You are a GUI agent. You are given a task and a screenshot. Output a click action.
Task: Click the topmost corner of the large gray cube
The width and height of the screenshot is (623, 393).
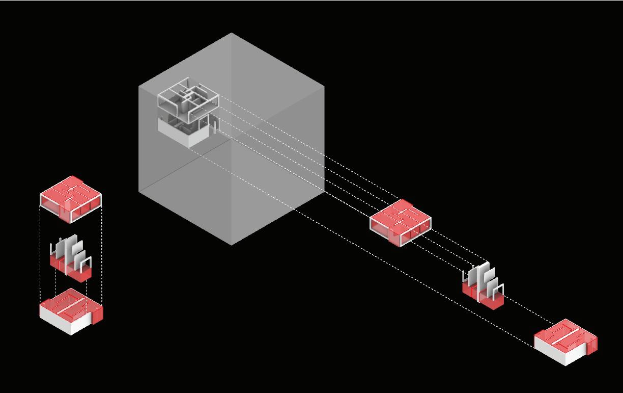232,34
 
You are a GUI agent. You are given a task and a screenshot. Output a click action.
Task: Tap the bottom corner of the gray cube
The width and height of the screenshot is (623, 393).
232,245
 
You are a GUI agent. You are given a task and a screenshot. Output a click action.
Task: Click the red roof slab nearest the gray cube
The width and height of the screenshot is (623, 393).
401,219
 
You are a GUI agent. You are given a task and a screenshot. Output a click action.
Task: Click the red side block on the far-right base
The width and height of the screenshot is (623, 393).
591,344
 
